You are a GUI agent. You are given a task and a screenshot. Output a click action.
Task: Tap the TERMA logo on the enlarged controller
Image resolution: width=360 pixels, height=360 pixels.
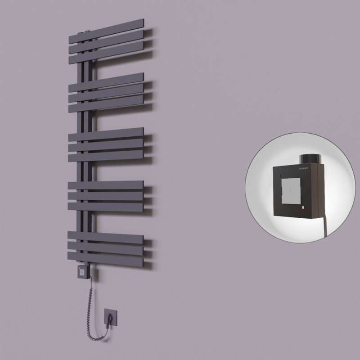click(x=304, y=167)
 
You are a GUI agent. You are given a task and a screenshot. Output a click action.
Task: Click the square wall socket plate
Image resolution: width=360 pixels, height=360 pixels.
click(x=110, y=316)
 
